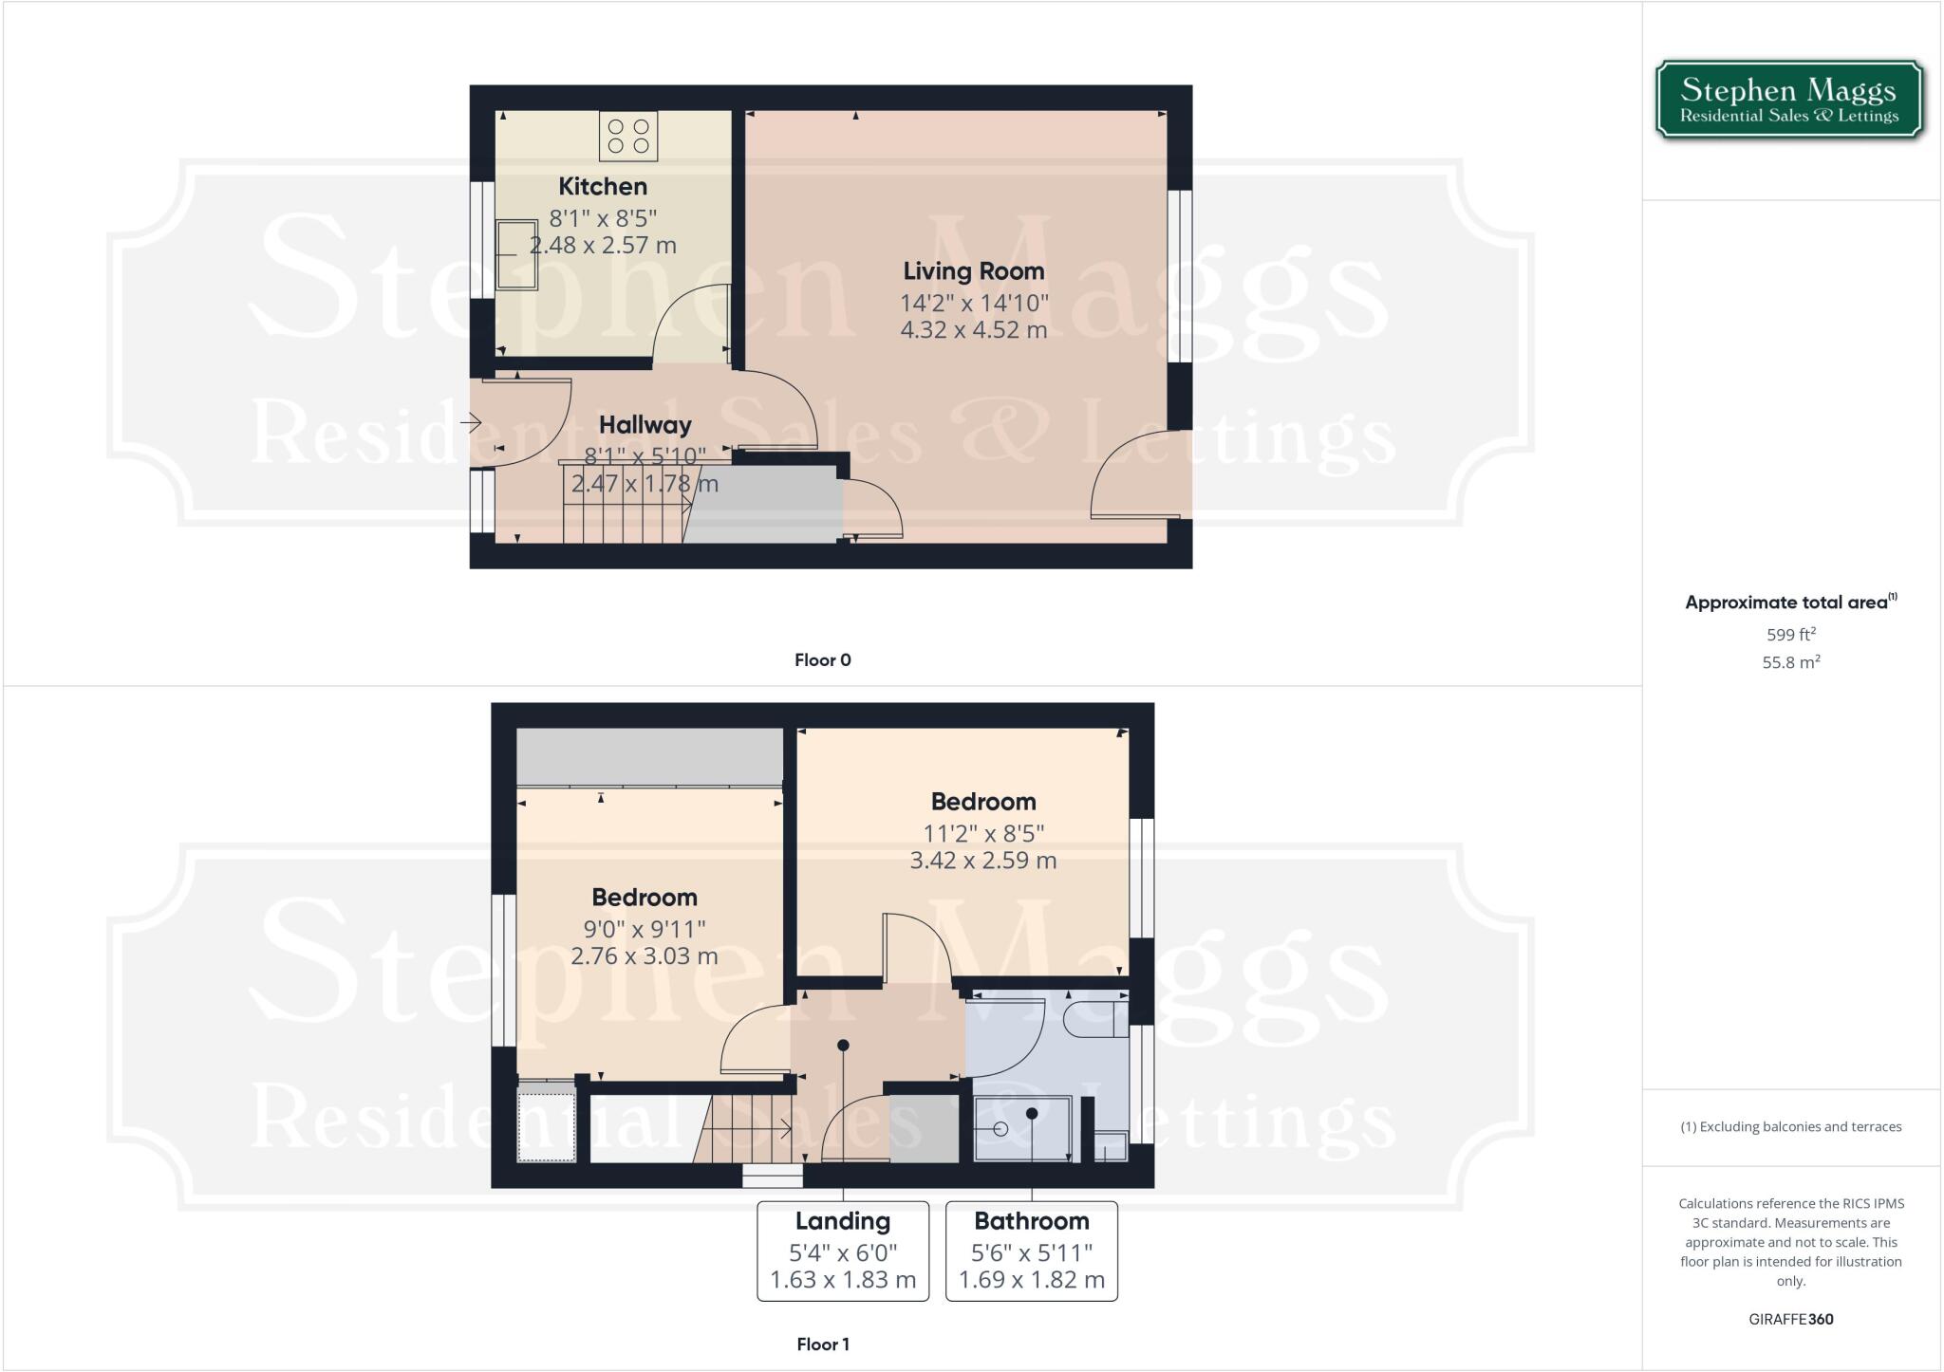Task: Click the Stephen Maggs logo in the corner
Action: click(x=1789, y=100)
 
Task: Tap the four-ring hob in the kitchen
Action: click(x=628, y=136)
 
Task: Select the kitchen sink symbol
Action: click(x=516, y=254)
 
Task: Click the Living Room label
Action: click(x=974, y=271)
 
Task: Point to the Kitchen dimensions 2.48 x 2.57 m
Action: click(x=603, y=246)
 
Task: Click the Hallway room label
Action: click(x=645, y=425)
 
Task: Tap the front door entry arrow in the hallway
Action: click(x=471, y=422)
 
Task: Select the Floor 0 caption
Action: click(x=823, y=660)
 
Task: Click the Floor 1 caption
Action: click(x=823, y=1344)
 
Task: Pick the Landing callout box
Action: click(x=843, y=1251)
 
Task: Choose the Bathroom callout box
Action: click(x=1032, y=1251)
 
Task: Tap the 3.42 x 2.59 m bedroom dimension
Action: click(x=983, y=861)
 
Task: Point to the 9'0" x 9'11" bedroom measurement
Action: click(x=645, y=929)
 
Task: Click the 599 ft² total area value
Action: click(x=1791, y=635)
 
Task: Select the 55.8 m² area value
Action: click(x=1791, y=662)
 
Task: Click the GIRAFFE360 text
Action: click(x=1791, y=1319)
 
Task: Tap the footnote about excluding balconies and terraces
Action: click(x=1791, y=1127)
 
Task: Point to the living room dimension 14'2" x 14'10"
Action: click(x=974, y=304)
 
